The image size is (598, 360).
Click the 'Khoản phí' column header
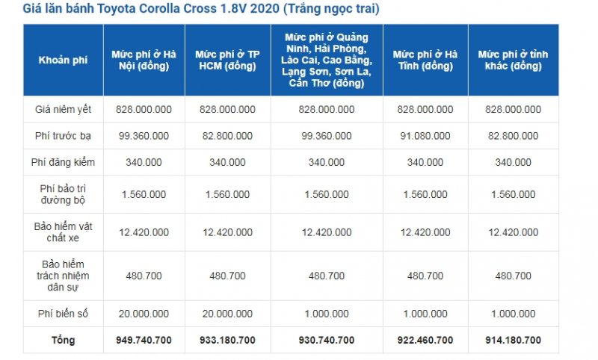click(x=63, y=60)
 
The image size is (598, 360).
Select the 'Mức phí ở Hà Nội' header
click(x=144, y=60)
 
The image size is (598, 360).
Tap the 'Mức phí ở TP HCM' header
click(x=228, y=60)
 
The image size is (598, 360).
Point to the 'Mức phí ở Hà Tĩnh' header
click(x=425, y=60)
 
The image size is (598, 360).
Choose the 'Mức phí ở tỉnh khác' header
click(x=514, y=60)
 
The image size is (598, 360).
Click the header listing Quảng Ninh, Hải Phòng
click(x=327, y=60)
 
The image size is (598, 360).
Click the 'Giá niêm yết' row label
click(x=63, y=110)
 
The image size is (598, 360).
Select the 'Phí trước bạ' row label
click(x=63, y=136)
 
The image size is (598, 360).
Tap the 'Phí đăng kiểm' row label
click(x=63, y=162)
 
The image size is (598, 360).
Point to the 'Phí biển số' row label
click(x=63, y=314)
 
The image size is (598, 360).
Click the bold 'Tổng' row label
click(x=63, y=340)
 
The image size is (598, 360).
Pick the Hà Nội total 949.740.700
click(x=144, y=340)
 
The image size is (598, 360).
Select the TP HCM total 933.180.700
click(x=228, y=340)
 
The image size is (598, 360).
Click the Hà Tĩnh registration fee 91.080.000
click(x=425, y=136)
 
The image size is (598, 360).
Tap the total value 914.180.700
click(x=514, y=340)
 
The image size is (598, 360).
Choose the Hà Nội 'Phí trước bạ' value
click(x=144, y=136)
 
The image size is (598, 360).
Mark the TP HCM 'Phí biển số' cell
click(x=228, y=314)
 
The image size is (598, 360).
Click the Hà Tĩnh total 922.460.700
click(x=425, y=340)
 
